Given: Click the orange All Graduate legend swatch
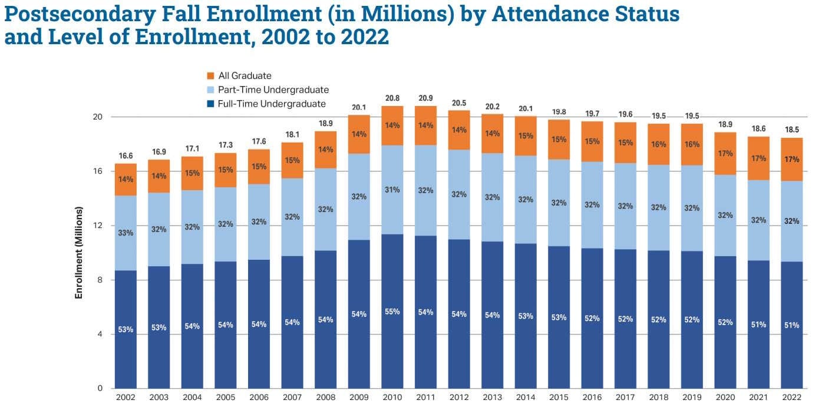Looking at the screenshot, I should pyautogui.click(x=210, y=76).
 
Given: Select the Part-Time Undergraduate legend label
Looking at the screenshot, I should pyautogui.click(x=273, y=90).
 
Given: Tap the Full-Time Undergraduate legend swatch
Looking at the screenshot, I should pyautogui.click(x=210, y=104).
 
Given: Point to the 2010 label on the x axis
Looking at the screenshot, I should pyautogui.click(x=392, y=398).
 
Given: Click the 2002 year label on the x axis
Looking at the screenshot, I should pyautogui.click(x=126, y=398).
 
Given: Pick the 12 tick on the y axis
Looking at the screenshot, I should pyautogui.click(x=98, y=226).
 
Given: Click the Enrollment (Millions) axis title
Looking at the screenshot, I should pyautogui.click(x=78, y=252).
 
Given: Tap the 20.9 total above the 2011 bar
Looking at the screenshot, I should pyautogui.click(x=425, y=98).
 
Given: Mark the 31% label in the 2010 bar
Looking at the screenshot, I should pyautogui.click(x=392, y=190).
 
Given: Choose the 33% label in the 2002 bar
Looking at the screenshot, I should pyautogui.click(x=126, y=233).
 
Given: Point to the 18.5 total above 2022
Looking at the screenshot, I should pyautogui.click(x=792, y=129).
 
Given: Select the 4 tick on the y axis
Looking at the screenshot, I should pyautogui.click(x=99, y=335).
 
